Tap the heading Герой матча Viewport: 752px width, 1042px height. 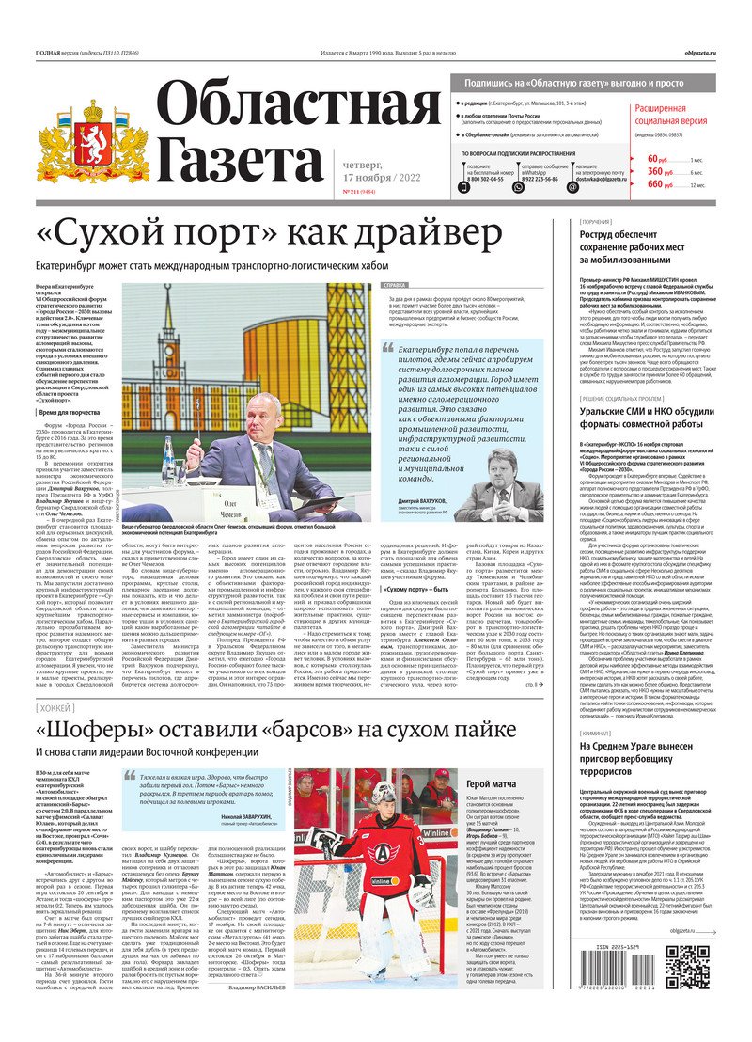[493, 783]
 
